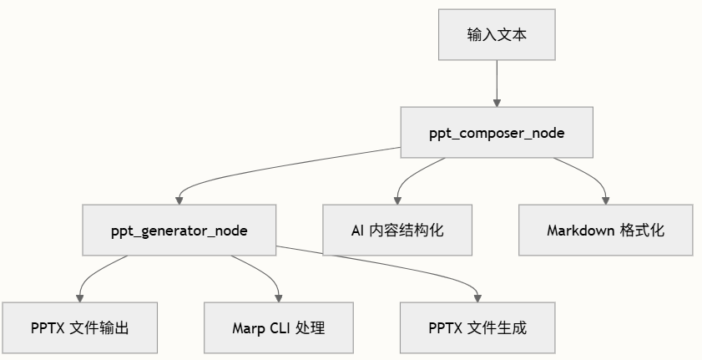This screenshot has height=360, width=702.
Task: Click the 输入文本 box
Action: point(497,35)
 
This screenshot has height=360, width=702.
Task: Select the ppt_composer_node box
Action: point(497,133)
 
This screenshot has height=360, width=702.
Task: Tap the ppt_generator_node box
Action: point(179,231)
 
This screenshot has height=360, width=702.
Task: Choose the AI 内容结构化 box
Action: point(396,231)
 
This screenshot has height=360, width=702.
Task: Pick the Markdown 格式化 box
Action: point(606,231)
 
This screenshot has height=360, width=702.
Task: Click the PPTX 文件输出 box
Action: point(80,327)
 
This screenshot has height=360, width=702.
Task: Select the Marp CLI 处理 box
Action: point(279,327)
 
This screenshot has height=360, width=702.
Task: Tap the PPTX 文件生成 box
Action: point(477,327)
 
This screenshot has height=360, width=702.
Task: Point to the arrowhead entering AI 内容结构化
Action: point(396,200)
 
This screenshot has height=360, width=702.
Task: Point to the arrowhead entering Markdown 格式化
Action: point(606,200)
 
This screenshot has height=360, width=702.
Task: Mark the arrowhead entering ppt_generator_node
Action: point(179,200)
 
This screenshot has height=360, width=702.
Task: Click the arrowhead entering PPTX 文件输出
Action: point(80,297)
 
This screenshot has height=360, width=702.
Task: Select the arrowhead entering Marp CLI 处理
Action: point(279,297)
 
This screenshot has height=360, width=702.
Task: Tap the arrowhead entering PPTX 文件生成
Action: point(477,297)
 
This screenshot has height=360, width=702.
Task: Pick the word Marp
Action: point(248,327)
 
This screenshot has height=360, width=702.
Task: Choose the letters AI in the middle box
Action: point(359,231)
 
